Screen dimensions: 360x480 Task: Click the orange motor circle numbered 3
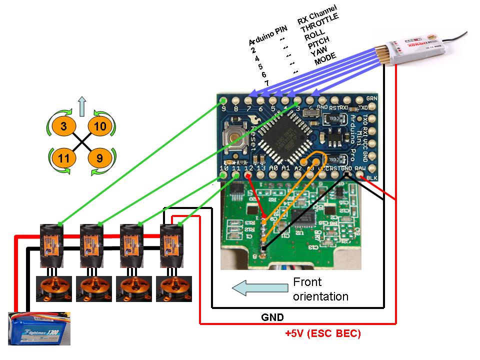[63, 126]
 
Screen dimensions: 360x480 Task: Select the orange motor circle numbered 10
[99, 126]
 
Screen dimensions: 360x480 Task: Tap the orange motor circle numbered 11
[63, 158]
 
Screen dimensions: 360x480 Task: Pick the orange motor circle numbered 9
[99, 158]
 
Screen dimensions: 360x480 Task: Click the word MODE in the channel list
[325, 59]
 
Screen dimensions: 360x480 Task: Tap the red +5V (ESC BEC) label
[322, 333]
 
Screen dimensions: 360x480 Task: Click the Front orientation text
[320, 289]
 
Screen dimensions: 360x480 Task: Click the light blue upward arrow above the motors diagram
[82, 106]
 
